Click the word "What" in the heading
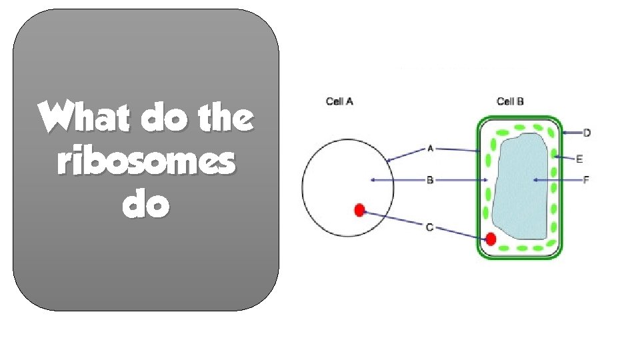coord(74,119)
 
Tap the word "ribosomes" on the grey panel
coord(146,162)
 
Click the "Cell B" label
coord(510,101)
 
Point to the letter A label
coord(430,149)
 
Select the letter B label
coord(430,180)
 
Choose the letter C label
coord(430,228)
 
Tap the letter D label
coord(587,133)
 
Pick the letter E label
coord(579,159)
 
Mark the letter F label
coord(587,180)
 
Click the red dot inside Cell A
coord(359,211)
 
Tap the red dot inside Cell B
coord(491,239)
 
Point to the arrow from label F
coord(557,180)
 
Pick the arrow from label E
coord(564,158)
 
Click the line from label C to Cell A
coord(393,219)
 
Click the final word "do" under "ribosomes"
coord(146,206)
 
